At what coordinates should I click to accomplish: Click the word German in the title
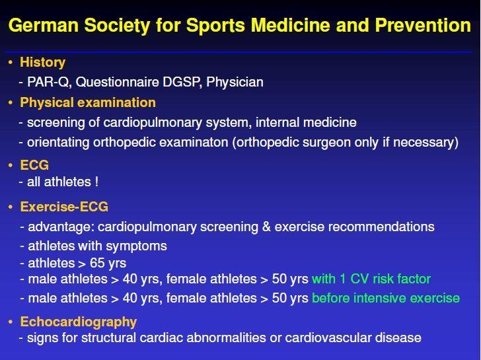[x=44, y=25]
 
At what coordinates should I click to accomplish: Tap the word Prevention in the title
[x=423, y=25]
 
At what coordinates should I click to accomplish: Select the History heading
[x=43, y=63]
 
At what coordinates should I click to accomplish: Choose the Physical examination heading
[x=88, y=103]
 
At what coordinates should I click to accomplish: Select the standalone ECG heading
[x=34, y=165]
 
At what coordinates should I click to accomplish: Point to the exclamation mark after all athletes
[x=96, y=182]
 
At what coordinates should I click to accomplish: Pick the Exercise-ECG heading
[x=64, y=207]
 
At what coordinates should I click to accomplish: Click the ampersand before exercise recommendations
[x=266, y=227]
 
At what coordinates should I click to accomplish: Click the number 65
[x=97, y=263]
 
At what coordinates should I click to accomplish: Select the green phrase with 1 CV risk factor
[x=371, y=279]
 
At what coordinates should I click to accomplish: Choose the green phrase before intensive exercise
[x=386, y=298]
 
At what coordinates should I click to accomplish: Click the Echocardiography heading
[x=78, y=322]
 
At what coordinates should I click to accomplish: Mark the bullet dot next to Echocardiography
[x=11, y=322]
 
